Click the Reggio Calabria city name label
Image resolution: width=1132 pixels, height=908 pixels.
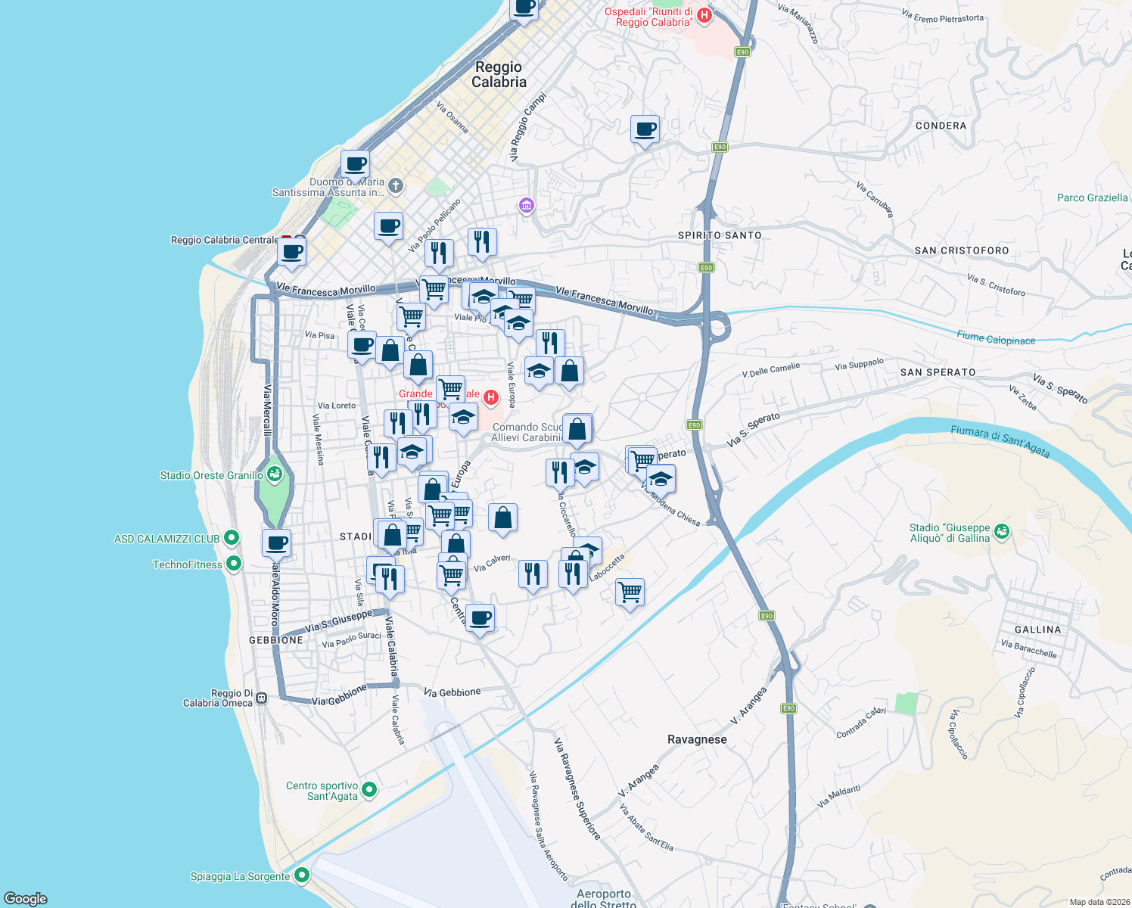click(499, 74)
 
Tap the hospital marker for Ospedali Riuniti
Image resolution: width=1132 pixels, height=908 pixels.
click(704, 16)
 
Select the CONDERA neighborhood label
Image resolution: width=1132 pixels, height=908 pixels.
click(941, 126)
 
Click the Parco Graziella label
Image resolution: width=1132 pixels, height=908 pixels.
click(1092, 197)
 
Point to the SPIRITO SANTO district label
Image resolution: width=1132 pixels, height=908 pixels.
click(719, 235)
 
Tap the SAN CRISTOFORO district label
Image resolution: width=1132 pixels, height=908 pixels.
click(961, 250)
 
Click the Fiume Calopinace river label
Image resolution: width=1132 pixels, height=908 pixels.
click(995, 338)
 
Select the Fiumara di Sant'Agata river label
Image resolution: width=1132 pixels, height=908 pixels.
click(1000, 441)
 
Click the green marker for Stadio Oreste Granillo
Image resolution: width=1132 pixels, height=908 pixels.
click(275, 475)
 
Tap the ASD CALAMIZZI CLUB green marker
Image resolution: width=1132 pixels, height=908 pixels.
click(232, 539)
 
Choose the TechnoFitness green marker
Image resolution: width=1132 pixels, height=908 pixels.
click(234, 564)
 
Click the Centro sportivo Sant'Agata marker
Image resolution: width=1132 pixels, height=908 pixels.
click(369, 790)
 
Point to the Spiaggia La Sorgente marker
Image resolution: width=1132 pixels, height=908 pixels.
click(302, 875)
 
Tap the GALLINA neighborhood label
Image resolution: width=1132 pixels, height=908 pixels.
click(1037, 630)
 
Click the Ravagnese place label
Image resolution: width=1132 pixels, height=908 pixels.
click(697, 739)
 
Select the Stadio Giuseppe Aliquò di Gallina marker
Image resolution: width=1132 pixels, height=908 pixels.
click(1002, 532)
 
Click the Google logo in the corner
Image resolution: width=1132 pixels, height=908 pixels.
click(26, 898)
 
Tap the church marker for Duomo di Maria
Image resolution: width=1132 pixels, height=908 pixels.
click(395, 185)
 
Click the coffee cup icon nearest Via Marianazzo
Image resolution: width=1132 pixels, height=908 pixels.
click(645, 129)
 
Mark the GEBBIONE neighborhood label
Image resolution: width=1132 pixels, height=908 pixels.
click(276, 640)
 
